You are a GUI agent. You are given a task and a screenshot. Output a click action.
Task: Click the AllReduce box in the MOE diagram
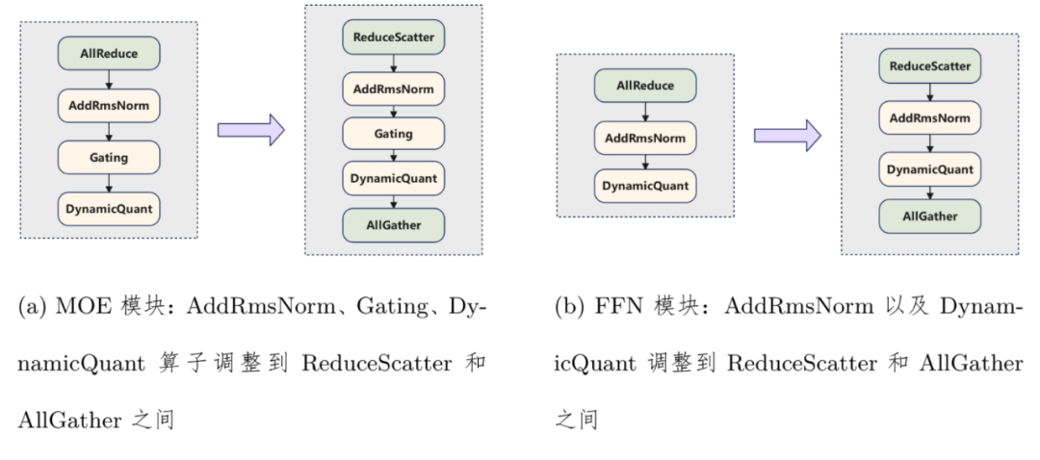tap(108, 53)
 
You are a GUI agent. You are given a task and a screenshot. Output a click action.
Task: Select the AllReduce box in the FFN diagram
tap(644, 86)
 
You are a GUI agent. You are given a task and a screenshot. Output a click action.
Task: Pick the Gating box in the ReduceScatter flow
tap(393, 135)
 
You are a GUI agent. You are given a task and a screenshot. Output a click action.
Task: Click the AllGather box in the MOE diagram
tap(393, 225)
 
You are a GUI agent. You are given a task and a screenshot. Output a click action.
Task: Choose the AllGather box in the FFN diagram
tap(929, 217)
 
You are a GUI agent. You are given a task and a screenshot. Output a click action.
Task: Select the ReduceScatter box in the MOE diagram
tap(393, 38)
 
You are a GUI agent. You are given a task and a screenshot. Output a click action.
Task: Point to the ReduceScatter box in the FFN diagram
tap(929, 66)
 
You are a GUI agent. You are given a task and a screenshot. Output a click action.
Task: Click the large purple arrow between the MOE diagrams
tap(251, 129)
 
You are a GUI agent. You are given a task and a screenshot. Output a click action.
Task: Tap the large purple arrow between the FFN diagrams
tap(787, 136)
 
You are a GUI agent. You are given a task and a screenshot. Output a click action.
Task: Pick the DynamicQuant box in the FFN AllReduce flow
tap(644, 186)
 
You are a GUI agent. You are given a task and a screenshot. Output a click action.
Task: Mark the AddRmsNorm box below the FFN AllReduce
tap(644, 137)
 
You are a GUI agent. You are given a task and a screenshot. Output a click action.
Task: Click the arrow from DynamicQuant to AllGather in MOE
tap(393, 202)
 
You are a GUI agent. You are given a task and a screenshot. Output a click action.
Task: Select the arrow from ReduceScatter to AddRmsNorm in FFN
tap(929, 92)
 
